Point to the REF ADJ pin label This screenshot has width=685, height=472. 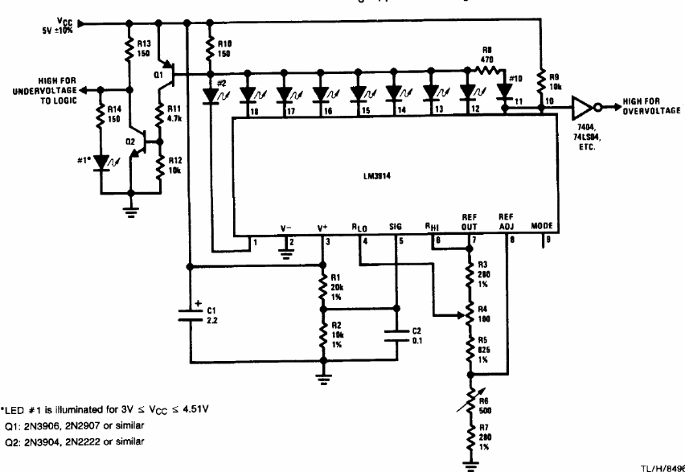505,222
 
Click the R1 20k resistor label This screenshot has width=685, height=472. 338,285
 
